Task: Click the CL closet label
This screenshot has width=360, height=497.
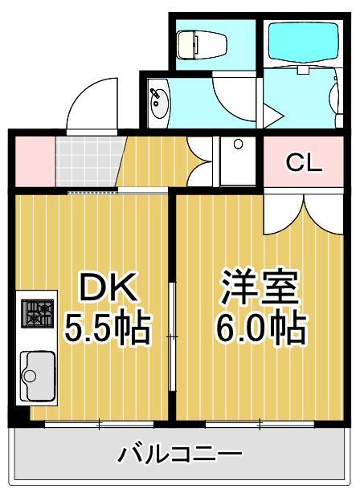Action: (x=305, y=163)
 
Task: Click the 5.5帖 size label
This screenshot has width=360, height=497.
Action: (x=108, y=328)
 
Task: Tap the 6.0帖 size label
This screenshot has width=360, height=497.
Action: (x=259, y=328)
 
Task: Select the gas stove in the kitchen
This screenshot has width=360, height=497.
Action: (x=37, y=312)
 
